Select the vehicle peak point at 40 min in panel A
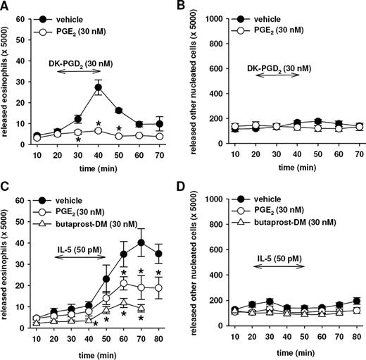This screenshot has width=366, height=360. [99, 87]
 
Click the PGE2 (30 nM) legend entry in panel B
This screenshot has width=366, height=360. [261, 27]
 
